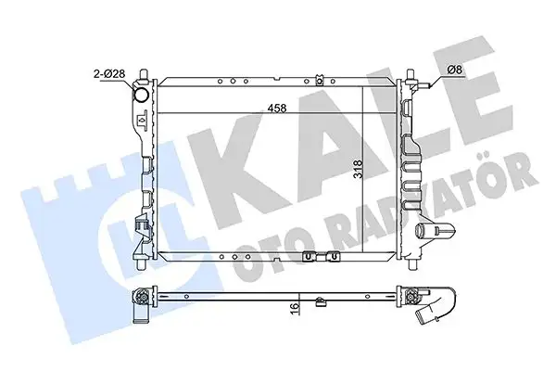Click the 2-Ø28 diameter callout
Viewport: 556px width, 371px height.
click(109, 71)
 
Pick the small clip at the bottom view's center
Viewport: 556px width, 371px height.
click(318, 300)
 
